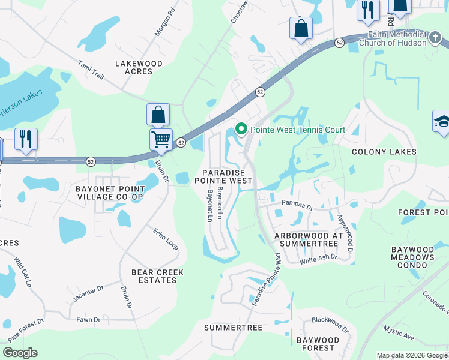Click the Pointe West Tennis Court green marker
pyautogui.click(x=241, y=130)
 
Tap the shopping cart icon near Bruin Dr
pyautogui.click(x=161, y=140)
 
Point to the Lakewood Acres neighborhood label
pyautogui.click(x=139, y=67)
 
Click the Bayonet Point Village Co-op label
pyautogui.click(x=109, y=193)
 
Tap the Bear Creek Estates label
pyautogui.click(x=157, y=277)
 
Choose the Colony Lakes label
pyautogui.click(x=384, y=152)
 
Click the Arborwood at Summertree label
pyautogui.click(x=308, y=240)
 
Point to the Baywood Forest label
pyautogui.click(x=318, y=344)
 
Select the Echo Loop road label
pyautogui.click(x=165, y=238)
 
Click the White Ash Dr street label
pyautogui.click(x=318, y=259)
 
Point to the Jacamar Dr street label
pyautogui.click(x=88, y=293)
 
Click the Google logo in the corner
pyautogui.click(x=20, y=353)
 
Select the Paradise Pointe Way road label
pyautogui.click(x=267, y=280)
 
